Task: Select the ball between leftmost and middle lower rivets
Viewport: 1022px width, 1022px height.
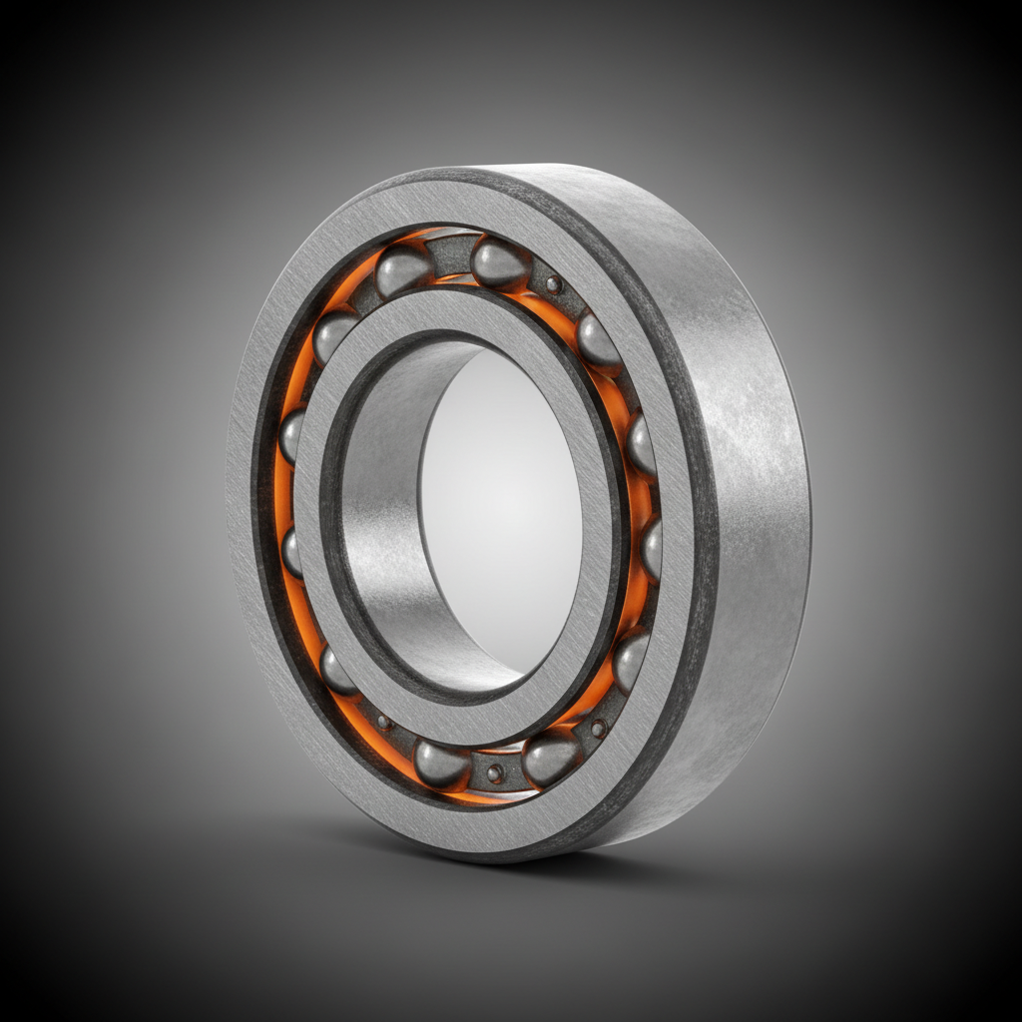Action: pos(441,765)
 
